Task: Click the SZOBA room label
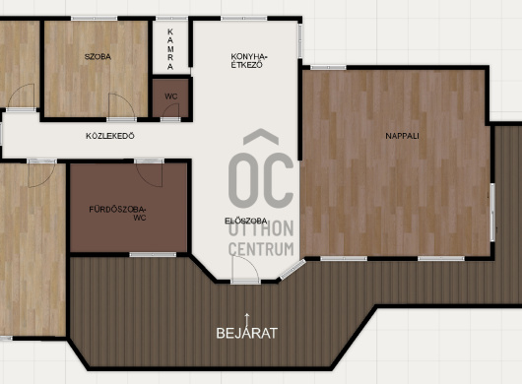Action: click(98, 56)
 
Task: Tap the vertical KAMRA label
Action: click(170, 49)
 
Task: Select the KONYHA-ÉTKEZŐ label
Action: click(249, 61)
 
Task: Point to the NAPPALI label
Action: click(402, 136)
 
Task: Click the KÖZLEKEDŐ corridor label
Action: click(110, 136)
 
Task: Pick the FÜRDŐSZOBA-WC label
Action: click(117, 214)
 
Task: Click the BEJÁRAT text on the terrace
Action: click(246, 333)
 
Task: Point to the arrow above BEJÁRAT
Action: click(246, 320)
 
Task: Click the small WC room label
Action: click(171, 96)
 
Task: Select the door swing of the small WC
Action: click(171, 110)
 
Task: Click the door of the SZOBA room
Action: click(121, 105)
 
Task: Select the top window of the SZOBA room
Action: click(95, 19)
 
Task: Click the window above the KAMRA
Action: click(171, 19)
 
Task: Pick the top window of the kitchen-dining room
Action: click(244, 19)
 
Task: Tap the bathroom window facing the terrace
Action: click(153, 255)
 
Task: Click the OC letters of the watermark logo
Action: click(261, 179)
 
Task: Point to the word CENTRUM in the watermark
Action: click(261, 249)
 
